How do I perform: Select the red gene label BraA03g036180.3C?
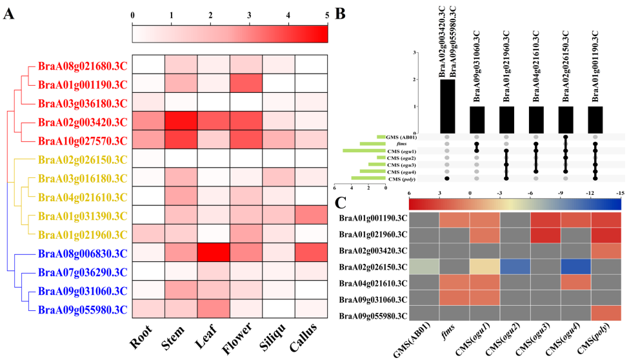(82, 103)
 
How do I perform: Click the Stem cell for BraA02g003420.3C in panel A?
(181, 122)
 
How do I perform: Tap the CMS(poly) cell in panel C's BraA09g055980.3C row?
(606, 315)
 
